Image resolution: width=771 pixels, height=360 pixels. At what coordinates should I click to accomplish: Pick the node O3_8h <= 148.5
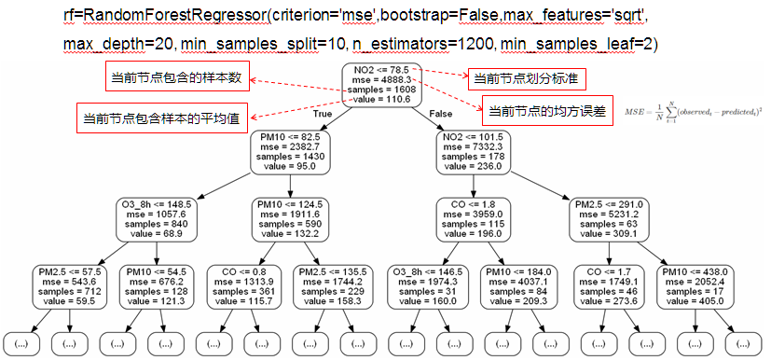pyautogui.click(x=156, y=220)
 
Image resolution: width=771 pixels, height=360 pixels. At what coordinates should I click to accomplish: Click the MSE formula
pyautogui.click(x=694, y=111)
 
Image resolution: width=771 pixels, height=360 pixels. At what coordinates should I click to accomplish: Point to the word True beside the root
pyautogui.click(x=323, y=113)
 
